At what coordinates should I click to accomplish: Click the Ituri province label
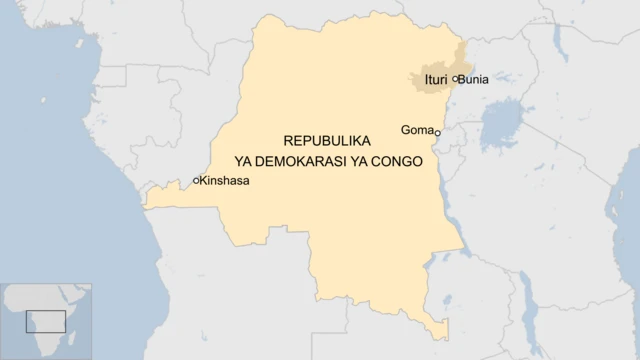435,78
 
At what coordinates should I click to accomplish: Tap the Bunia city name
474,78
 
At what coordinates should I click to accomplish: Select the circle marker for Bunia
455,78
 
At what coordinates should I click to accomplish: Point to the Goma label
416,129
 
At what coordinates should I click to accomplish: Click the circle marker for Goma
437,132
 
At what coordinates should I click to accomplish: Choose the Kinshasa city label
225,181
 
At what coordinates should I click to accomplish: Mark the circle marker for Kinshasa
196,181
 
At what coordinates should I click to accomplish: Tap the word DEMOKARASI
309,161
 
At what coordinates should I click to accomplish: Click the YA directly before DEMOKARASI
242,161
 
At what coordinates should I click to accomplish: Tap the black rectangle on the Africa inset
45,322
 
